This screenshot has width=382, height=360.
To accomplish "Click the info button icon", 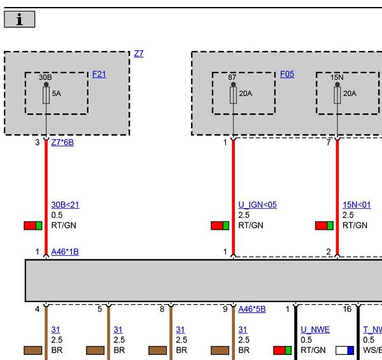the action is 20,19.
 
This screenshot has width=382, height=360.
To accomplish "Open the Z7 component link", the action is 139,53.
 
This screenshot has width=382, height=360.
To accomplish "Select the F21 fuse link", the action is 99,74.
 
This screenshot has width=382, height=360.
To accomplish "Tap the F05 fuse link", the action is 287,74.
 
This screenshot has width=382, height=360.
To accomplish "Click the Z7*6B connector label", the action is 62,142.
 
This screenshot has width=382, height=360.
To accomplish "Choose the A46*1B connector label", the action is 65,252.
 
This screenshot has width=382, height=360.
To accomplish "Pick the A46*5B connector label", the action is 252,309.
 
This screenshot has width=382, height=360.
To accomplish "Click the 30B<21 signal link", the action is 65,205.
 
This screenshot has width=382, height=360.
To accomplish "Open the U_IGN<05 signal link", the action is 257,205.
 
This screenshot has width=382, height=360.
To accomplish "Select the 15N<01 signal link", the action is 357,205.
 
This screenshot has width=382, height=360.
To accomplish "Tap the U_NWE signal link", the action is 315,329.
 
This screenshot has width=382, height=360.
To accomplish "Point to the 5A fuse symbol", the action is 46,95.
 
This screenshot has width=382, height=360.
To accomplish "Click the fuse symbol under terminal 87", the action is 233,95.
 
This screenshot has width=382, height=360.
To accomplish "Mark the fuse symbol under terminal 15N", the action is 337,95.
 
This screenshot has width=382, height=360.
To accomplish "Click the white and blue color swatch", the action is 344,350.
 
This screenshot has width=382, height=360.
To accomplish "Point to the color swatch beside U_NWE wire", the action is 282,350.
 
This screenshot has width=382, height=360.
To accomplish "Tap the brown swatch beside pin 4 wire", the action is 33,350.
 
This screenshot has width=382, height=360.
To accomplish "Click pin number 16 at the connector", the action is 347,309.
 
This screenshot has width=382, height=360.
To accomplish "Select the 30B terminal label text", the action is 45,78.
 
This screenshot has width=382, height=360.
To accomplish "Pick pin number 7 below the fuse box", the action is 329,142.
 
